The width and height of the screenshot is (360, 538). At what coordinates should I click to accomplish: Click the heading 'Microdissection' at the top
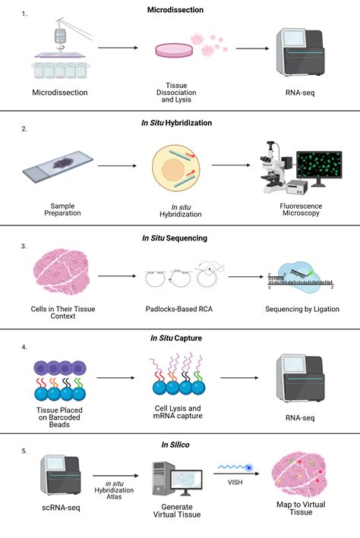[179, 10]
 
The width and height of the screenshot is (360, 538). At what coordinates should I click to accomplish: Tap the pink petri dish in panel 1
[175, 51]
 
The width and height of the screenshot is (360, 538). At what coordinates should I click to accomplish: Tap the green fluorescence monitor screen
[315, 165]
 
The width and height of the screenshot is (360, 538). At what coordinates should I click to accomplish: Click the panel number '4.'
[26, 348]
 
